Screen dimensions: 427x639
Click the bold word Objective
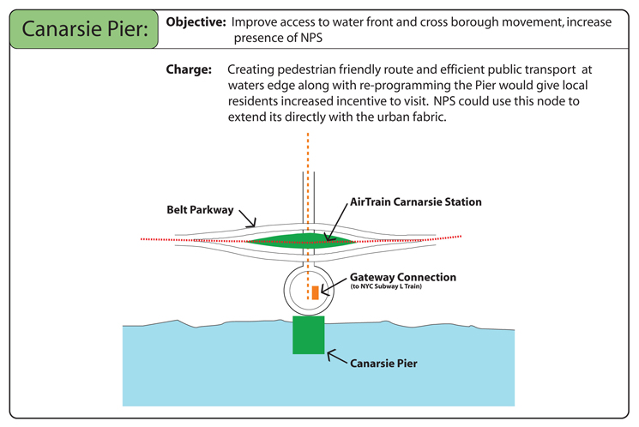click(196, 21)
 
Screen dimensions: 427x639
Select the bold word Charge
click(188, 69)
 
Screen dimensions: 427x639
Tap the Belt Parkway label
click(200, 210)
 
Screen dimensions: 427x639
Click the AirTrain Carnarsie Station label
click(416, 202)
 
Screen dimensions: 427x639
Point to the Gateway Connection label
click(402, 278)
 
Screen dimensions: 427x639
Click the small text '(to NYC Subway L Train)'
click(386, 287)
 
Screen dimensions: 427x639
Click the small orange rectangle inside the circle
click(315, 292)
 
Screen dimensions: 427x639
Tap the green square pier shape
click(309, 334)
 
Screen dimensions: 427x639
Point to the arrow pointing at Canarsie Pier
click(338, 358)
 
